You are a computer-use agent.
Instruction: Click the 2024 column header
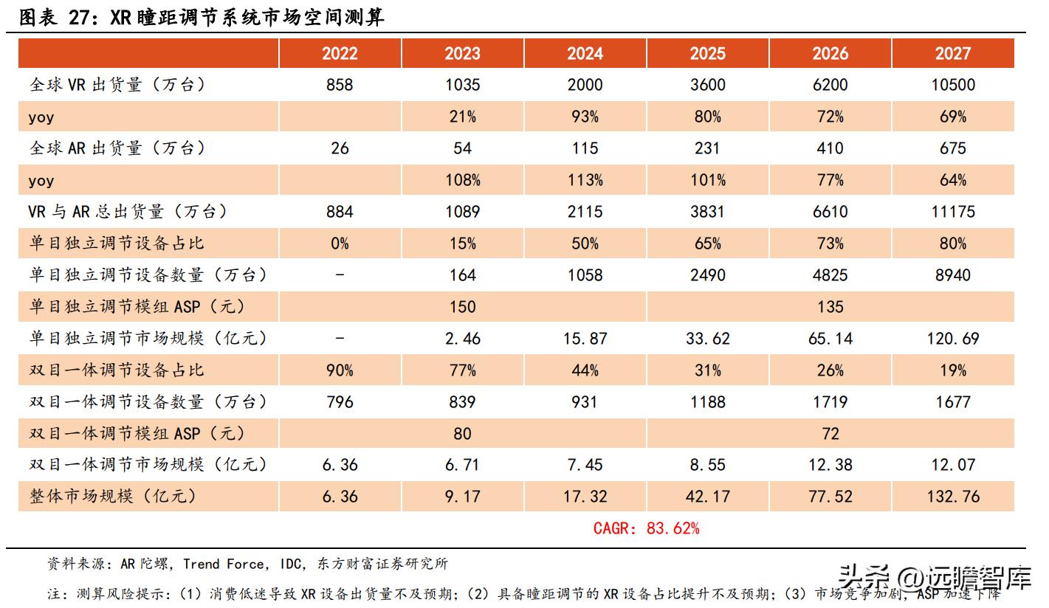click(x=585, y=54)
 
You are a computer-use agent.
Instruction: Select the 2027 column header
click(x=952, y=54)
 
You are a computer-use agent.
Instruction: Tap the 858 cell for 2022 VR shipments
click(x=340, y=85)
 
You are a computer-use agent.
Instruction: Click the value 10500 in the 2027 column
click(x=952, y=85)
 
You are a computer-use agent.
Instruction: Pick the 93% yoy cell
click(x=585, y=117)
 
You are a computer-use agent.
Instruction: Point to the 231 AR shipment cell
click(x=707, y=148)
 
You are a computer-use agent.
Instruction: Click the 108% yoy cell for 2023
click(x=462, y=180)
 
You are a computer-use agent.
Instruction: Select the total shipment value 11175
click(x=952, y=212)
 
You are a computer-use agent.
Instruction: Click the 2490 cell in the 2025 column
click(x=707, y=275)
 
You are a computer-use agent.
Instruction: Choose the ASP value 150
click(x=462, y=307)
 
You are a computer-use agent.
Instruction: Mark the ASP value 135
click(x=830, y=307)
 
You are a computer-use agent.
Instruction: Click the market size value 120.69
click(x=952, y=339)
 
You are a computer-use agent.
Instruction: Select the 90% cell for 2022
click(x=340, y=370)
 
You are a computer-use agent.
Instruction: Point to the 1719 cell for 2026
click(x=830, y=402)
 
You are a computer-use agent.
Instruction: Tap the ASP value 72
click(x=830, y=433)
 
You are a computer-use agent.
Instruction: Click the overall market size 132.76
click(x=952, y=497)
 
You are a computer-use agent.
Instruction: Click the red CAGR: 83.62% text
click(x=646, y=528)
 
